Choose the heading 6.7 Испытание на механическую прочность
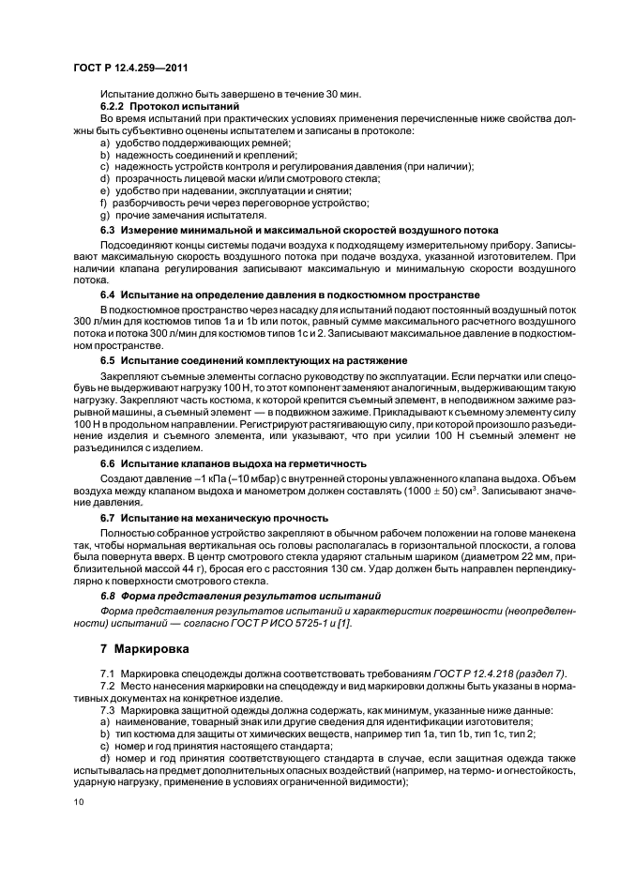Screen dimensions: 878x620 tap(214, 517)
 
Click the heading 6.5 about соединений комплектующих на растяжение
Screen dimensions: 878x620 tap(253, 360)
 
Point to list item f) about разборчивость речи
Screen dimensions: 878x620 tap(234, 202)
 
